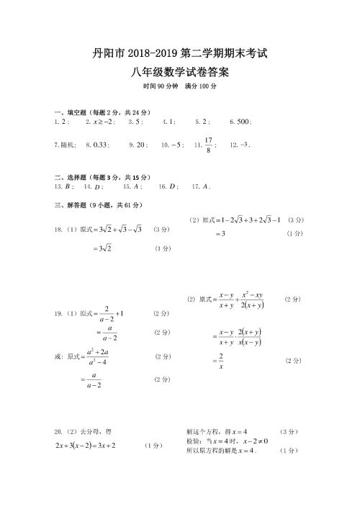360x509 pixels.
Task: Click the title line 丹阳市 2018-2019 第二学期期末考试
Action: (180, 53)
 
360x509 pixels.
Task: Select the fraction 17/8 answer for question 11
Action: (208, 145)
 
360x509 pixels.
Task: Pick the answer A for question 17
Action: (205, 186)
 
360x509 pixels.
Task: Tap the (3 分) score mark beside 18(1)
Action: (161, 229)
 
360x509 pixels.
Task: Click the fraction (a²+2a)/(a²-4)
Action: (96, 357)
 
